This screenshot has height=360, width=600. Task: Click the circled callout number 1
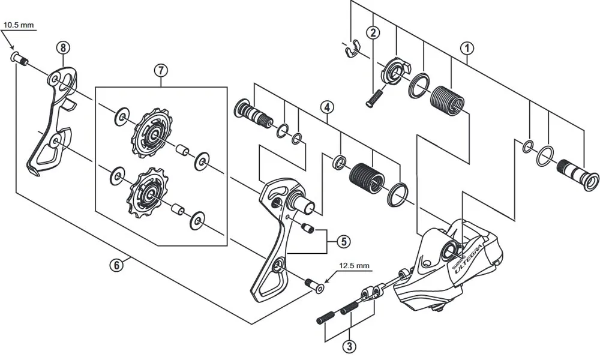(x=467, y=47)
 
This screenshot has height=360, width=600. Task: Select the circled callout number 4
(x=326, y=109)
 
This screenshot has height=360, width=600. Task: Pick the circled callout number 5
(x=343, y=241)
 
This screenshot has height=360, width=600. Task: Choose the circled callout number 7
(x=160, y=70)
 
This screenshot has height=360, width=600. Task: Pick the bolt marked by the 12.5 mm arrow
(x=313, y=285)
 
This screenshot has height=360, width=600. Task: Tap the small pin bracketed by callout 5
(x=308, y=227)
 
